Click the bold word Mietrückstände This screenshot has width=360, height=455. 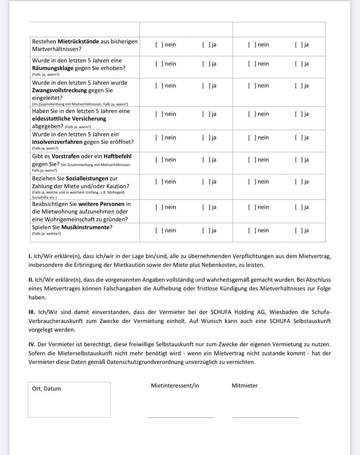[x=78, y=41]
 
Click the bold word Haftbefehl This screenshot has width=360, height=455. [x=115, y=156]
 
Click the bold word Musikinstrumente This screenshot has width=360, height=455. [x=85, y=227]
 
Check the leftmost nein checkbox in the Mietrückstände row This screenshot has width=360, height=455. [x=159, y=45]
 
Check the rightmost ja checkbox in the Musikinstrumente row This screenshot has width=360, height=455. [x=298, y=231]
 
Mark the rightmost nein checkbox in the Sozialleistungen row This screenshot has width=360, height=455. [x=252, y=182]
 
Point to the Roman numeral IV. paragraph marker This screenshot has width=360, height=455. [x=32, y=345]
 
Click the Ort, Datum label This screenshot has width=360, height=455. [x=46, y=389]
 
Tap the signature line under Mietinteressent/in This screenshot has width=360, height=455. [x=180, y=417]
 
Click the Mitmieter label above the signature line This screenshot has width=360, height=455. [x=244, y=386]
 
